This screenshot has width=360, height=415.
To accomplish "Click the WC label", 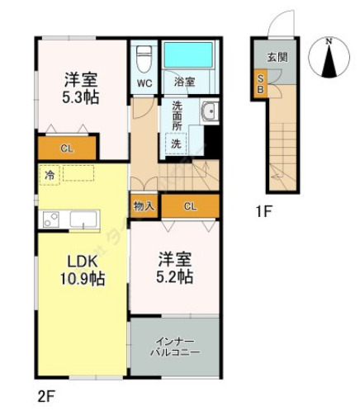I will (144, 83).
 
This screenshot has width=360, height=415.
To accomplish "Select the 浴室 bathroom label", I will (184, 83).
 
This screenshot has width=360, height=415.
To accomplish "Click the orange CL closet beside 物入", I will (191, 205).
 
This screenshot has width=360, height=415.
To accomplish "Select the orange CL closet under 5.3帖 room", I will (66, 149).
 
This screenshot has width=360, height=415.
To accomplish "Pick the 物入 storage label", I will (144, 205).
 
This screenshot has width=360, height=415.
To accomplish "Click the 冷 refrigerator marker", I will (50, 175).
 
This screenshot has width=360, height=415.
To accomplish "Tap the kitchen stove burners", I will (51, 220).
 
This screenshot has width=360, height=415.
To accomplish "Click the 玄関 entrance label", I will (277, 57).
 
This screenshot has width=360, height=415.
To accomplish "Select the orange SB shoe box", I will (259, 84).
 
